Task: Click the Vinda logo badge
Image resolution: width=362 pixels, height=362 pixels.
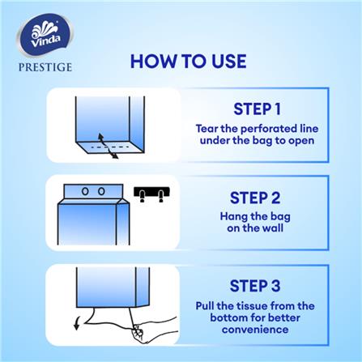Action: coord(45,34)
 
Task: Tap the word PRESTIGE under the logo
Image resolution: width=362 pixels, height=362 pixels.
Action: coord(45,67)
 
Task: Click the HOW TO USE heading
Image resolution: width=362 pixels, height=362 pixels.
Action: coord(189,62)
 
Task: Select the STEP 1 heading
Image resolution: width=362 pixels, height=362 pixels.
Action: coord(257,109)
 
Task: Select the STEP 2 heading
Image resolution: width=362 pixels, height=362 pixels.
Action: coord(255,198)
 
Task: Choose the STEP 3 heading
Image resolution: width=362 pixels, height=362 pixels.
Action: coord(255,286)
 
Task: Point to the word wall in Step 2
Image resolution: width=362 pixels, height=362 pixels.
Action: coord(273,228)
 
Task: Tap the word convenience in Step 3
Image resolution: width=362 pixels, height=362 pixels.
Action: coord(255,330)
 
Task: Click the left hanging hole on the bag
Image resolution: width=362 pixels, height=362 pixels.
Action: coord(85,191)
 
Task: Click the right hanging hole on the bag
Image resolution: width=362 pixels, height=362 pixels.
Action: coord(101,191)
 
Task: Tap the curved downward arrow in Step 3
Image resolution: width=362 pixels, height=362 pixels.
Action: coord(77,323)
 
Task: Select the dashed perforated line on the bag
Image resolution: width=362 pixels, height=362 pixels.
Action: coord(110,147)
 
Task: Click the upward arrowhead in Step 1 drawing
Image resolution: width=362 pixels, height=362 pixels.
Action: coord(100,136)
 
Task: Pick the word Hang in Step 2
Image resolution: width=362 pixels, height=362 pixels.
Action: coord(233,217)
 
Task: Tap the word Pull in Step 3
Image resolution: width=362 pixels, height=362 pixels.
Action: coord(205,306)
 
